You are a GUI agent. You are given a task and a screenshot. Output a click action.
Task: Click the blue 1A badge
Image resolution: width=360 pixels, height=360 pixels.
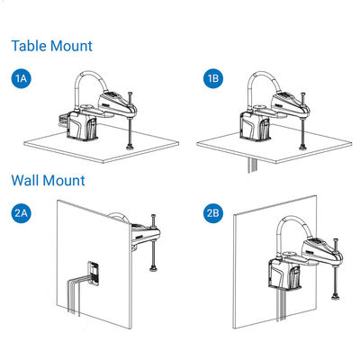22,78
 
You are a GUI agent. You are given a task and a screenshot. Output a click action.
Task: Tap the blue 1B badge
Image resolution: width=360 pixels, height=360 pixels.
213,78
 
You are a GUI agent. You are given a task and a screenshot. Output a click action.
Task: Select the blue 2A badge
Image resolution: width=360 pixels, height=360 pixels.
22,213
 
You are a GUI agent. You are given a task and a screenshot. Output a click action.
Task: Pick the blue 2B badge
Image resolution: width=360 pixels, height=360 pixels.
213,213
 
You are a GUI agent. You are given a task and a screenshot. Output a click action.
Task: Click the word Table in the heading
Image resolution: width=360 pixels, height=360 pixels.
29,46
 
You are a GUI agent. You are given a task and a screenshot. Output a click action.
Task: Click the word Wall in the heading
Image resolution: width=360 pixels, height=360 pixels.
25,180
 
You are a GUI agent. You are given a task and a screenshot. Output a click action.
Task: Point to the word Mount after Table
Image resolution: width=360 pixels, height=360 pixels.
71,46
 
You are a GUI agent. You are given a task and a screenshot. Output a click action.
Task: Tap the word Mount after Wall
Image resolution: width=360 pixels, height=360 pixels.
64,180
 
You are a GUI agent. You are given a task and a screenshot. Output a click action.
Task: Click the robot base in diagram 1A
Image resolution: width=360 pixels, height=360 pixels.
82,126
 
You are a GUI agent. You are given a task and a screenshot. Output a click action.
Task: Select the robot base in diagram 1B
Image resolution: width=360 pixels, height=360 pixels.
255,126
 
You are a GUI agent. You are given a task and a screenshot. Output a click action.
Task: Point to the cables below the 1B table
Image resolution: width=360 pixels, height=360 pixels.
251,166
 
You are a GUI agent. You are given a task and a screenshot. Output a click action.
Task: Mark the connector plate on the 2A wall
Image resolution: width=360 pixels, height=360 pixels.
94,274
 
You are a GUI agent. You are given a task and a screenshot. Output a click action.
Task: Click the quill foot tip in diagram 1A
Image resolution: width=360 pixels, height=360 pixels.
130,147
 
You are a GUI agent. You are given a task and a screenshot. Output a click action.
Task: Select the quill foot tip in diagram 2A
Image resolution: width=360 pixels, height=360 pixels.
153,269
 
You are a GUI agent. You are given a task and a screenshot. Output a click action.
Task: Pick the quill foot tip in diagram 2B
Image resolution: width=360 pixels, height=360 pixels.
335,297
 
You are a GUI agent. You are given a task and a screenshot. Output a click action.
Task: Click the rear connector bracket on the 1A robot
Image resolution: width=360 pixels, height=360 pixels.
62,121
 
